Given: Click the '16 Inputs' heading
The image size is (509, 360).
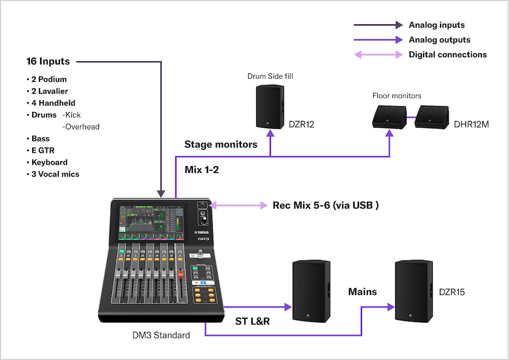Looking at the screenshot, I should point(48,61).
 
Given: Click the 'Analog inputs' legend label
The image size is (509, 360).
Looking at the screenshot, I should point(437,25).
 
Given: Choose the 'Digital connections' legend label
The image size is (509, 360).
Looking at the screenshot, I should point(447,55).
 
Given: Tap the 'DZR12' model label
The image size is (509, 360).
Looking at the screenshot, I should point(301,124).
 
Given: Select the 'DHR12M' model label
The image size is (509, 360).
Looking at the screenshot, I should point(472,124).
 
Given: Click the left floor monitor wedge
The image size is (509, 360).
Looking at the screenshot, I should point(390,118).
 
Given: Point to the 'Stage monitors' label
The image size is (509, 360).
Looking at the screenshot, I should point(221,144).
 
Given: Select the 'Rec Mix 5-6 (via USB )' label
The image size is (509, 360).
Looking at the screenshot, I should point(325,205).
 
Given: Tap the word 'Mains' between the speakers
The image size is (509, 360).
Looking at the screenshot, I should point(362,292).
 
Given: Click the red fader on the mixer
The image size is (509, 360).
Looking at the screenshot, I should point(181,276).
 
